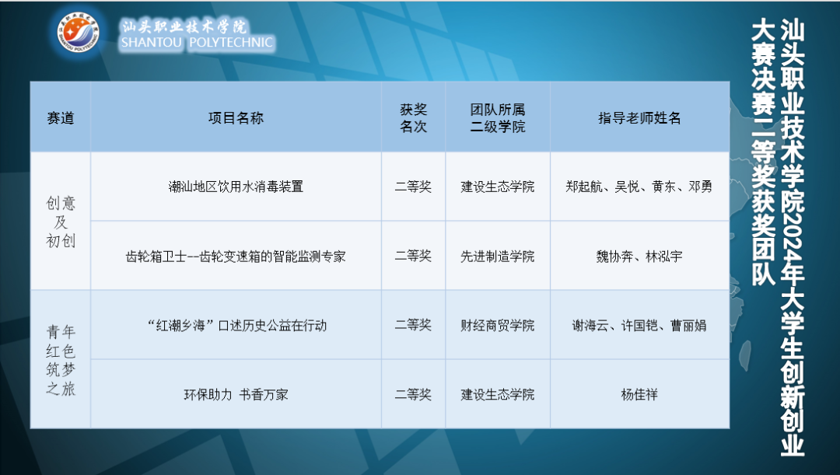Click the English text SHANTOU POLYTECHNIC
[x=197, y=43]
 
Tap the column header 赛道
[x=61, y=118]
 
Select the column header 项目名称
[x=236, y=118]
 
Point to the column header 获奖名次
[x=413, y=118]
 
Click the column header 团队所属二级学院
[x=497, y=118]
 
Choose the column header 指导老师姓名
[x=639, y=118]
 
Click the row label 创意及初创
[x=61, y=222]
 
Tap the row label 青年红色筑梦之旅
[x=61, y=360]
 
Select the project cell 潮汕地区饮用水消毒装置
[x=236, y=187]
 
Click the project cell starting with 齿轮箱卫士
[x=236, y=256]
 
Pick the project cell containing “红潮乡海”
[x=236, y=325]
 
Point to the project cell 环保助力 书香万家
[x=236, y=394]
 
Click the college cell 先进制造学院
[x=497, y=256]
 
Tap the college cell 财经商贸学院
[x=497, y=325]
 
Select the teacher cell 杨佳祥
[x=639, y=394]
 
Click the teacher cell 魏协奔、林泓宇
[x=639, y=256]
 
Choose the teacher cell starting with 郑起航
[x=639, y=187]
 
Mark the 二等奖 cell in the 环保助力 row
[x=413, y=394]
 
